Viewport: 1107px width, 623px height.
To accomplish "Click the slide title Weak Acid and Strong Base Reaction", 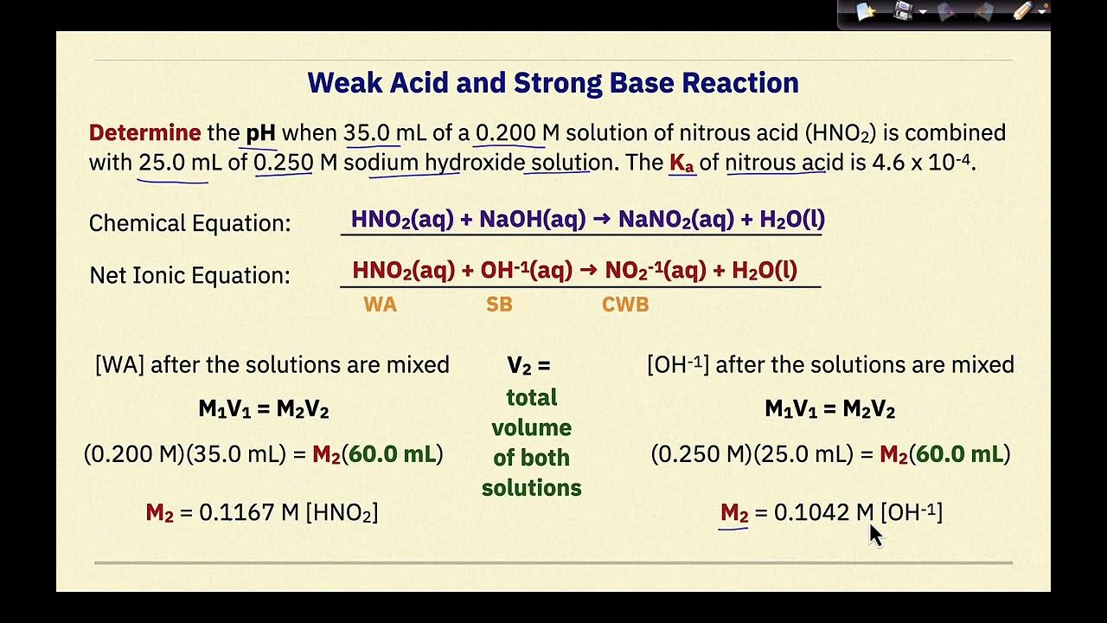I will coord(553,83).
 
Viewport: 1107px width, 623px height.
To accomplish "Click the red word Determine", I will coord(144,133).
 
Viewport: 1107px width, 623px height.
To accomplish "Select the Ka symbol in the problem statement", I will coord(681,163).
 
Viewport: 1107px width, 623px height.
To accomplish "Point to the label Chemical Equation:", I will coord(189,223).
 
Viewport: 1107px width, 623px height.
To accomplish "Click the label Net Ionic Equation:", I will coord(189,275).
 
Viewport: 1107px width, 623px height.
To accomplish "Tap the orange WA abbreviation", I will coord(380,305).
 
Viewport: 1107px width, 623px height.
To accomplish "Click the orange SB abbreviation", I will coord(499,305).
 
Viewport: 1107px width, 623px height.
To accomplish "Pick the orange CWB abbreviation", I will coord(625,305).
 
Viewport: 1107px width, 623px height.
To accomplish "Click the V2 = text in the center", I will coord(528,366).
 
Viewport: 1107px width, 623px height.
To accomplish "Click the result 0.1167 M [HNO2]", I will coord(288,512).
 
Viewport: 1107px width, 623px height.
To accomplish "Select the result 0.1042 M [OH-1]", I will coord(857,512).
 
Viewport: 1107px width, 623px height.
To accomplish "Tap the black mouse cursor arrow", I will coord(874,534).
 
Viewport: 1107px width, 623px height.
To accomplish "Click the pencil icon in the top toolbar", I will coord(1023,11).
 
